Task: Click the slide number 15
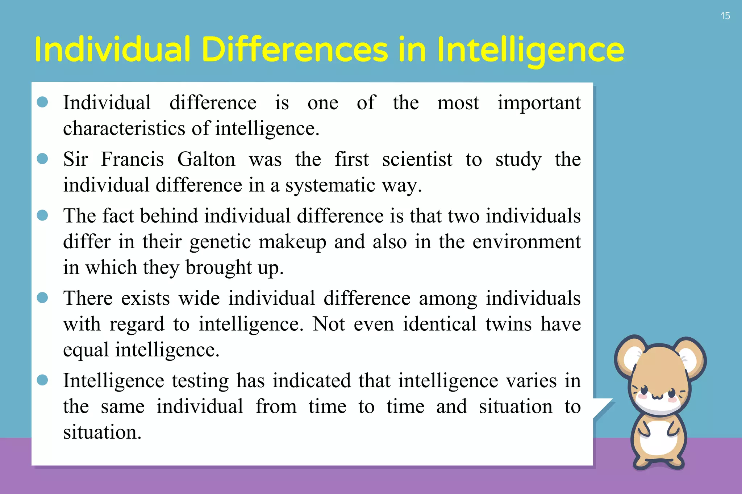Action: point(725,16)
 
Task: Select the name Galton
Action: point(206,159)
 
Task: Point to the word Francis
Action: point(132,159)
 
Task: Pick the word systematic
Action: point(330,185)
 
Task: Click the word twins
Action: point(508,324)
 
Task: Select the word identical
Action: point(439,324)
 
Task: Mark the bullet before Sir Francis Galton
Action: point(42,159)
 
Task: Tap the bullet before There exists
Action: point(42,297)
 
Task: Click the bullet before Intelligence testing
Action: point(42,380)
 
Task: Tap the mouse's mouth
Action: point(658,397)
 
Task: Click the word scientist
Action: point(417,159)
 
